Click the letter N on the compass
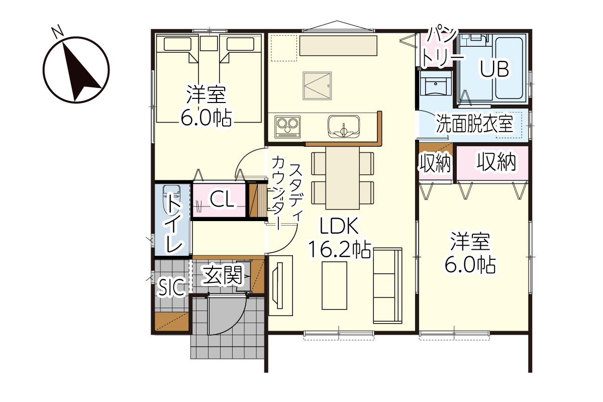coord(58,31)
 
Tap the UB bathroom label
coord(494,69)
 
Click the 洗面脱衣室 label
coord(474,124)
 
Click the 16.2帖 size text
coord(340,249)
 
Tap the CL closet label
coord(222,199)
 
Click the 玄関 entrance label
coord(223,275)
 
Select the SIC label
coord(171,287)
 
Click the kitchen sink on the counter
coord(344,127)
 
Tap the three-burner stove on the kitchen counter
coord(287,127)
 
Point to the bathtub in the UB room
coord(509,68)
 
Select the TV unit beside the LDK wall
coord(280,285)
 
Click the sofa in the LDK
coord(387,285)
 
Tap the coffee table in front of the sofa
coord(335,285)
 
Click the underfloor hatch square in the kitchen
coord(317,85)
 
